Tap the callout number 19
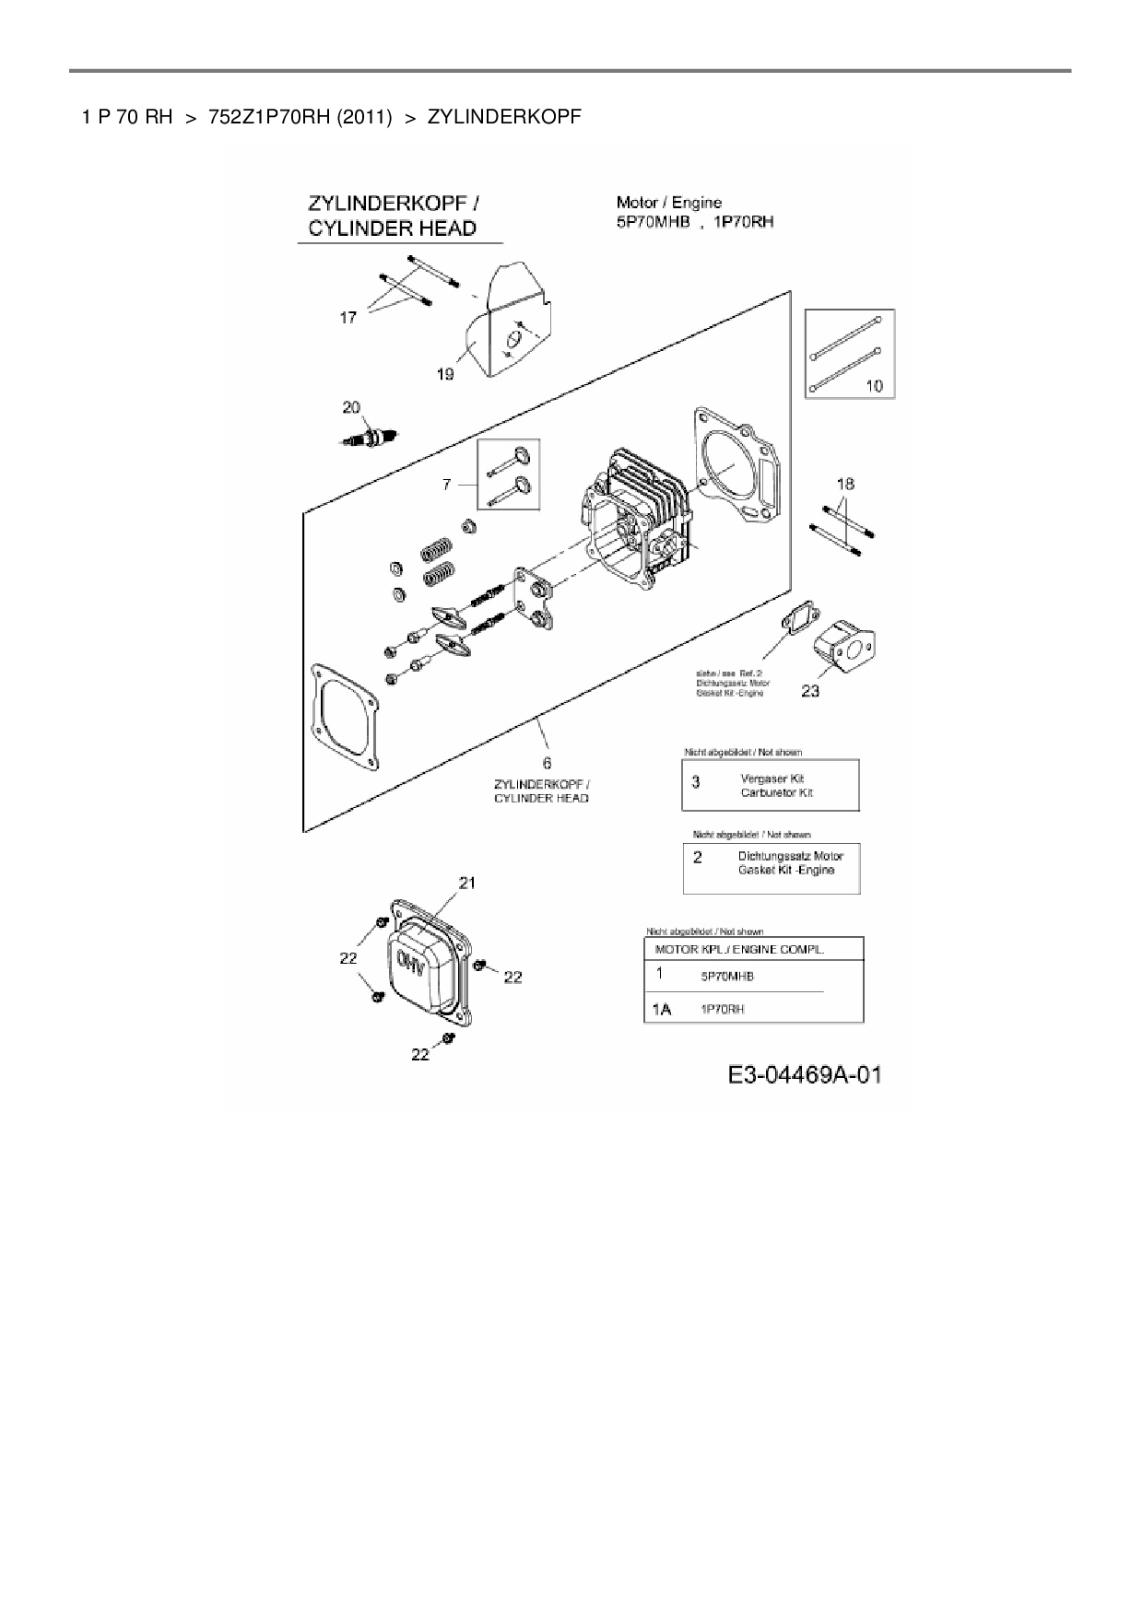coord(444,374)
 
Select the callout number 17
coord(348,318)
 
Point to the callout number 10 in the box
coord(874,385)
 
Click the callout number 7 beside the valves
coord(447,484)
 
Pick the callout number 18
coord(845,484)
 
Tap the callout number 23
coord(810,690)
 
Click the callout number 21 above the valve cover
coord(467,883)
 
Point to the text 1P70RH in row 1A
coord(724,1010)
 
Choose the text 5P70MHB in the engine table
coord(727,977)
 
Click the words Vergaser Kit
coord(772,779)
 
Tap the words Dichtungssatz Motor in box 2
coord(790,856)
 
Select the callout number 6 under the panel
coord(547,762)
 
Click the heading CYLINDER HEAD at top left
coord(393,228)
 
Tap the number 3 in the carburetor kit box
coord(696,782)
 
